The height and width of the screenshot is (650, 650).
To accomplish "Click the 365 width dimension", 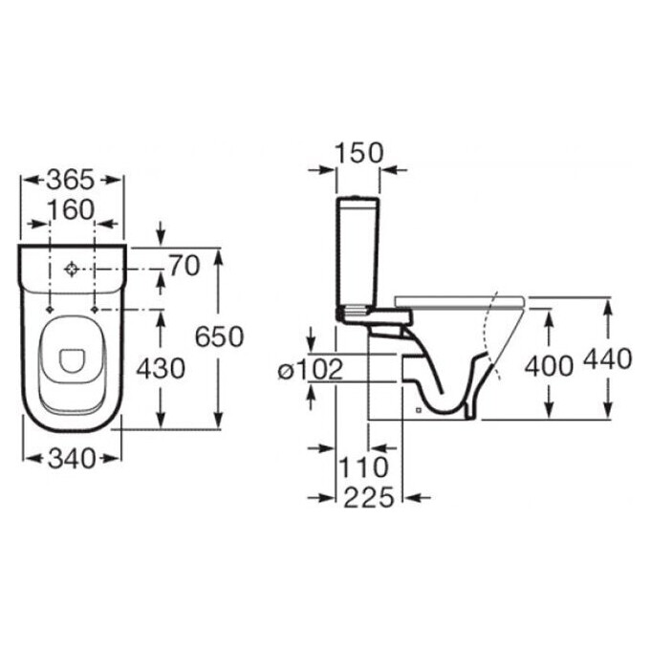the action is [x=71, y=180].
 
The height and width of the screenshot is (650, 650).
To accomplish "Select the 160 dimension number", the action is [x=72, y=209].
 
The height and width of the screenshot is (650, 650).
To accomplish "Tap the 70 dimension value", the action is [x=184, y=266].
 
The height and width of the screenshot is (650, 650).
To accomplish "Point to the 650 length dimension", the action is [x=220, y=336].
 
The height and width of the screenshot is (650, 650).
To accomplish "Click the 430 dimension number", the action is [x=161, y=369].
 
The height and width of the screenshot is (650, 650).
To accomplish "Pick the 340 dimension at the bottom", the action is [x=72, y=459].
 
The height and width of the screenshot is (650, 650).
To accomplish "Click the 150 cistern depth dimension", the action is [x=359, y=153].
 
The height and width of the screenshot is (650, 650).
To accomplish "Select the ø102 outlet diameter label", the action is [x=311, y=369].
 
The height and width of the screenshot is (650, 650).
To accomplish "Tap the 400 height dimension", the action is [x=549, y=366].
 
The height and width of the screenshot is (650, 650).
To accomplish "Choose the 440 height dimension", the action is [x=608, y=359].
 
